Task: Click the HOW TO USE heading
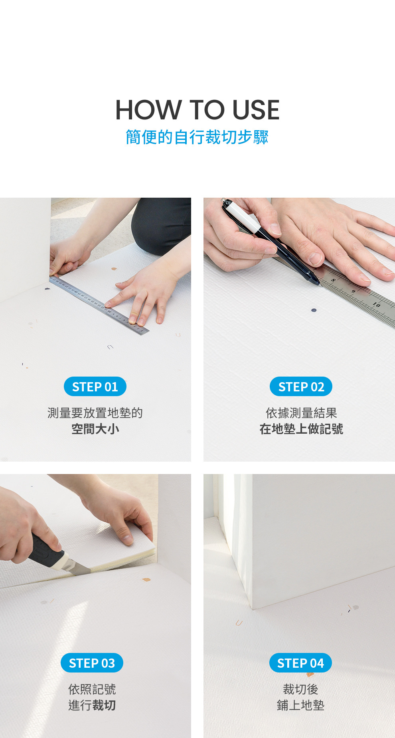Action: tap(197, 110)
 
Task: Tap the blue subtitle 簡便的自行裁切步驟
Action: tap(197, 137)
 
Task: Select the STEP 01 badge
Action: tap(95, 387)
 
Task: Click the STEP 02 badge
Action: tap(301, 387)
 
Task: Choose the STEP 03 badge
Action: tap(92, 663)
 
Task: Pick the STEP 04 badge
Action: tap(300, 663)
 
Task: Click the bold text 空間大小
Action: tap(95, 429)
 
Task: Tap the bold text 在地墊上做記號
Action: tap(301, 429)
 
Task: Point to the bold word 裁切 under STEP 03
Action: tap(104, 705)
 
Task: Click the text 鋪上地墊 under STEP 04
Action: tap(300, 705)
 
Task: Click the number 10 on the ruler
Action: tap(376, 305)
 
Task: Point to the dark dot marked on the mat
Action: tap(314, 310)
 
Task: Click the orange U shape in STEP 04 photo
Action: tap(239, 623)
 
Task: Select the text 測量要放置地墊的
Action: tap(95, 413)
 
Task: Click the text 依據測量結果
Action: tap(301, 413)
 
